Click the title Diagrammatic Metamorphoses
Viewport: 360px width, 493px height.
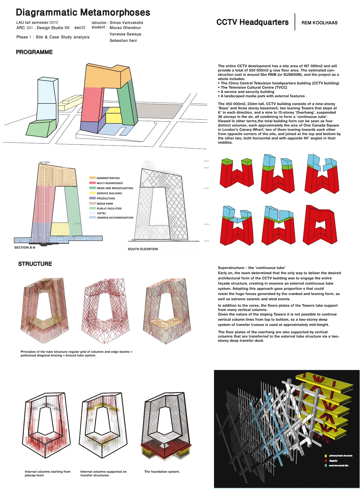point(83,13)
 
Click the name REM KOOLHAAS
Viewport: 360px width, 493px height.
point(319,23)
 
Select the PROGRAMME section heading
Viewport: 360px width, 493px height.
point(34,52)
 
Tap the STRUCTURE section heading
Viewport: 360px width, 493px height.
point(35,264)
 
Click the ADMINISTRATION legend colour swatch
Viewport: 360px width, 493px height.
point(92,178)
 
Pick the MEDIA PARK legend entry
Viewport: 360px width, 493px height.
point(105,204)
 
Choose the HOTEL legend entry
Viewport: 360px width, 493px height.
point(101,213)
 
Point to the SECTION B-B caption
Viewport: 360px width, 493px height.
point(25,248)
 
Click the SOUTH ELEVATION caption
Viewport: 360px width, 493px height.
point(143,249)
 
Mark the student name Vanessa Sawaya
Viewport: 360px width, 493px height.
point(125,34)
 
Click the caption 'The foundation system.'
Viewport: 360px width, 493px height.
point(162,472)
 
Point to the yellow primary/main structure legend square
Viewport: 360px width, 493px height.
point(326,456)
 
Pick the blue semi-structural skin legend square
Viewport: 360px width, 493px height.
point(326,466)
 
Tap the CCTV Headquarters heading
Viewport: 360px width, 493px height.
point(253,22)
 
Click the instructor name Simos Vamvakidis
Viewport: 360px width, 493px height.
point(126,23)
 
